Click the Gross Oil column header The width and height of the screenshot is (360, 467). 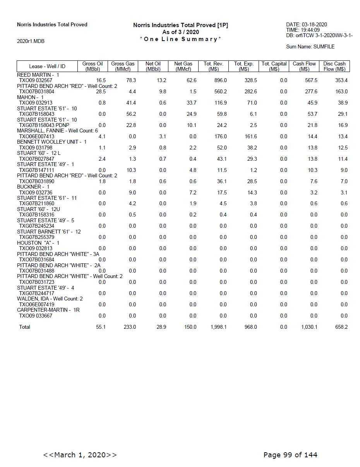[93, 66]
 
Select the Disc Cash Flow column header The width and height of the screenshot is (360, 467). [334, 66]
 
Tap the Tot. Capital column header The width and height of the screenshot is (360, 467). [274, 66]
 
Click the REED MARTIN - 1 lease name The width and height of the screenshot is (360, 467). [38, 75]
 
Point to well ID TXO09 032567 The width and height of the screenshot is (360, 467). [36, 81]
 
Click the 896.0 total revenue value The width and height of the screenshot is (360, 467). [220, 81]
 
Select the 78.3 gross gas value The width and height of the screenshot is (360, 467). [131, 81]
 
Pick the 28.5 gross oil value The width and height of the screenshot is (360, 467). [101, 92]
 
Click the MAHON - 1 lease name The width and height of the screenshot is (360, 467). [30, 97]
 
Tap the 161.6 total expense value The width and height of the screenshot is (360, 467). [250, 137]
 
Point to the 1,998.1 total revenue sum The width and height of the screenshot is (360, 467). [218, 327]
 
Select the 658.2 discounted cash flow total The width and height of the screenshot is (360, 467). [341, 327]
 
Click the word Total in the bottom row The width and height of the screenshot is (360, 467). [24, 327]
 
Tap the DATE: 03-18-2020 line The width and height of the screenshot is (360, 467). [307, 24]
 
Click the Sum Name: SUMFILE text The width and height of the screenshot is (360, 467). [310, 46]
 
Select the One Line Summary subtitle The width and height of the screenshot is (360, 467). [180, 39]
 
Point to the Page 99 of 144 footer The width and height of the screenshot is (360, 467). [290, 455]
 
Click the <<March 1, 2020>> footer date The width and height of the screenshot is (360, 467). [80, 455]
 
